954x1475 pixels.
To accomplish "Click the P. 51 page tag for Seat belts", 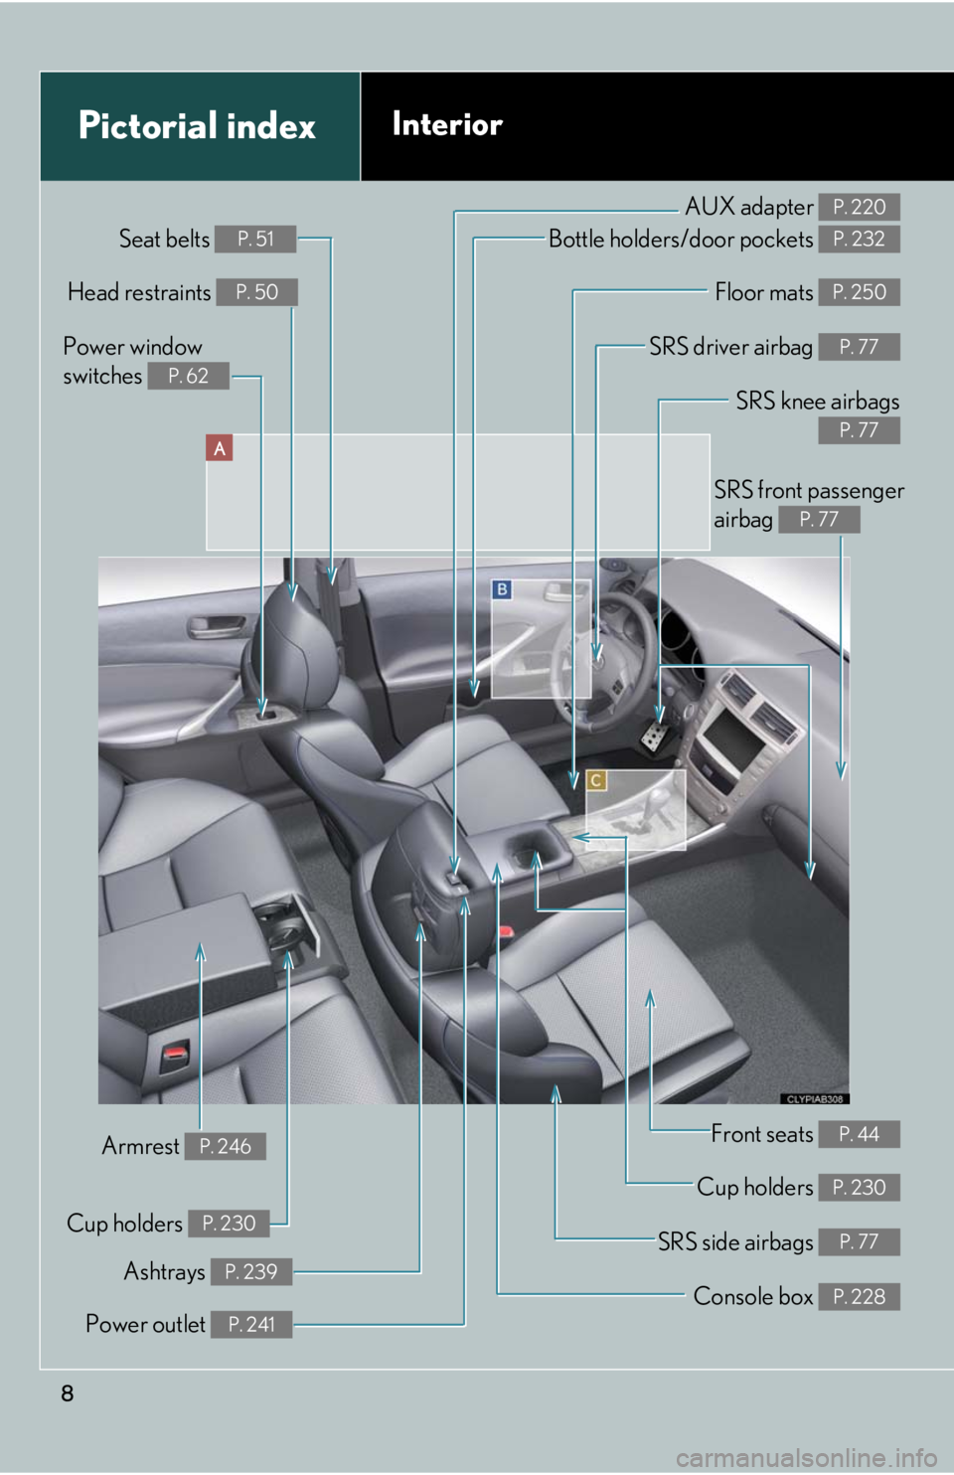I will coord(255,239).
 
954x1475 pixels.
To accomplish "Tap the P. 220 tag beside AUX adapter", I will coord(859,207).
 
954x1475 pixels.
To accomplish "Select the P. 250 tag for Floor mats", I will coord(859,292).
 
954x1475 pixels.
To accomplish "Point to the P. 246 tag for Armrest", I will coord(225,1146).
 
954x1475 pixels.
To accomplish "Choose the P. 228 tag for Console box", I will coord(859,1297).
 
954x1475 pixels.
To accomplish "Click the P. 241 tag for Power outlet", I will coord(250,1324).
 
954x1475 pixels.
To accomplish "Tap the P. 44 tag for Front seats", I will coord(859,1134).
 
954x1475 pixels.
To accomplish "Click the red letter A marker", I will coord(220,448).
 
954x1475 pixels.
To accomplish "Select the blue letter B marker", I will coord(503,589).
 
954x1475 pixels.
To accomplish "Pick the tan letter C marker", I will coord(596,780).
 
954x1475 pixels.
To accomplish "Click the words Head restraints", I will coord(139,292).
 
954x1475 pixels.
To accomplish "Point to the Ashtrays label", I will coord(164,1271).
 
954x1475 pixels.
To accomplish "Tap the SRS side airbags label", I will coord(735,1242).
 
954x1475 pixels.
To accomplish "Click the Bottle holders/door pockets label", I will coord(681,240).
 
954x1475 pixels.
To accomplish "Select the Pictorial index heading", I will coord(197,126).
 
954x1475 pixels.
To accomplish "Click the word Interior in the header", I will coord(447,124).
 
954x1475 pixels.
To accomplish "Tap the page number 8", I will coord(68,1393).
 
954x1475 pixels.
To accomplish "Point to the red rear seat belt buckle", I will coord(176,1052).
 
